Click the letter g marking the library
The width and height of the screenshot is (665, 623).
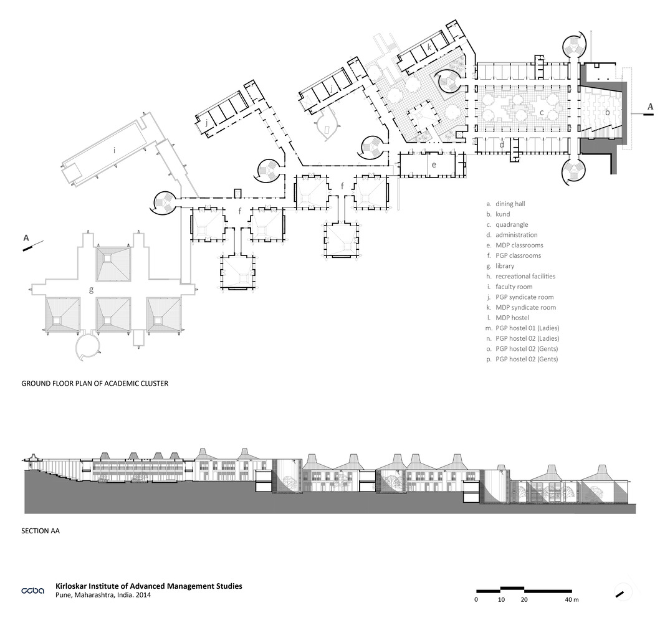91,290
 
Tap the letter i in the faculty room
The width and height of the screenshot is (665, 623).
114,150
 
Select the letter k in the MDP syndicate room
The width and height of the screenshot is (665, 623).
429,47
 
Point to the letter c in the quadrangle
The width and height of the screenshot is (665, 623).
542,113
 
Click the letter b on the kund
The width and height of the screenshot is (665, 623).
607,112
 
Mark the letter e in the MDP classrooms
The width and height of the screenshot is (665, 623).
434,165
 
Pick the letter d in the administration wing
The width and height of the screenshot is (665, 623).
502,145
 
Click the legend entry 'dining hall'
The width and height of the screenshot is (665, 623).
510,204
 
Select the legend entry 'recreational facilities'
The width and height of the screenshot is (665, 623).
525,277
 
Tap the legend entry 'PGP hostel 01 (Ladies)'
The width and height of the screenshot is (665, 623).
527,328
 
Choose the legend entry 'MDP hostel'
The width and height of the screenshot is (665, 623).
512,318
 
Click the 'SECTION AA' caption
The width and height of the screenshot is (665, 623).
41,531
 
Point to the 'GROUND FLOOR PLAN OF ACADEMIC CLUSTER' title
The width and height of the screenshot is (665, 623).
95,384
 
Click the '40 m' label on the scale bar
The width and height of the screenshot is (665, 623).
572,600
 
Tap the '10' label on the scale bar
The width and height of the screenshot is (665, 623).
501,600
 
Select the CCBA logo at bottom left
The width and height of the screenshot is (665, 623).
32,591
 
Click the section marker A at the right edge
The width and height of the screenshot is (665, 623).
650,107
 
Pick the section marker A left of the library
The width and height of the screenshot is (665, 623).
26,238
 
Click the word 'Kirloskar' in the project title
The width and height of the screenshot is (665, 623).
71,586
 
